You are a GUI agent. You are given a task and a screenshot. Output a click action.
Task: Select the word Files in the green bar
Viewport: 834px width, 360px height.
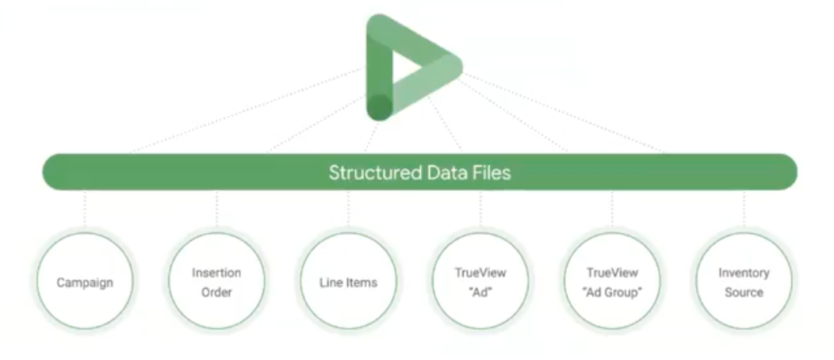(491, 172)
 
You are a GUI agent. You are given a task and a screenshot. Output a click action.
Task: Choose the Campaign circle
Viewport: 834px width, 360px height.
(85, 281)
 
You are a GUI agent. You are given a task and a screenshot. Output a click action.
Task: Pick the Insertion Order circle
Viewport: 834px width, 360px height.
(216, 281)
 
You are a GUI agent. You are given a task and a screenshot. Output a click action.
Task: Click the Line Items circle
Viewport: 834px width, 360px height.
(348, 281)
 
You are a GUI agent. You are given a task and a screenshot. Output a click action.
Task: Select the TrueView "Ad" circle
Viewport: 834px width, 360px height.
(480, 281)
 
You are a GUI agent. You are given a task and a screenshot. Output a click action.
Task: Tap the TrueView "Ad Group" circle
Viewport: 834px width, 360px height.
(611, 281)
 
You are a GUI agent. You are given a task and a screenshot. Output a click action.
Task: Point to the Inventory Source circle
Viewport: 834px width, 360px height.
(743, 281)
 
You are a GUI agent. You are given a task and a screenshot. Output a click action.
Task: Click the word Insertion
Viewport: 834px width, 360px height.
(216, 273)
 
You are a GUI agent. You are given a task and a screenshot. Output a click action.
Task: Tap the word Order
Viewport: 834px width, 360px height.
(216, 292)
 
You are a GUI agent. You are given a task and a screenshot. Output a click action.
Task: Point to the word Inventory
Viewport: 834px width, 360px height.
(744, 273)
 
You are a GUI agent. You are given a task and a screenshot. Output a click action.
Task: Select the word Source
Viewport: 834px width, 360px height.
(744, 292)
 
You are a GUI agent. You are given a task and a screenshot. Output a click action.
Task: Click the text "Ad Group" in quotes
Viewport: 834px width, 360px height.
(611, 292)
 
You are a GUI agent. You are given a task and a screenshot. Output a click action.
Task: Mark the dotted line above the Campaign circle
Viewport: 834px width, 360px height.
(85, 210)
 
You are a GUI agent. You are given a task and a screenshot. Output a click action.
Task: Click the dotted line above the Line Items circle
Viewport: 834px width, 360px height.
(348, 210)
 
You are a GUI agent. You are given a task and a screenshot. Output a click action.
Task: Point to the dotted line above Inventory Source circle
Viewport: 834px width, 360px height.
(744, 210)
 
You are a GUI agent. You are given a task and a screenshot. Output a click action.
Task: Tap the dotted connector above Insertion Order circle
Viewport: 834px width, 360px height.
(216, 210)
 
